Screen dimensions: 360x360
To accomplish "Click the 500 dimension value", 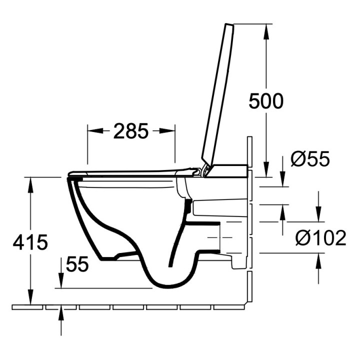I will [x=266, y=101].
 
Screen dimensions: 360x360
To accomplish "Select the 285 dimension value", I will [x=131, y=131].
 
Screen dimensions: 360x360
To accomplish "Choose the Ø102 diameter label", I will [x=320, y=238].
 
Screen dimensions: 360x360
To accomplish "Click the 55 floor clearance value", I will [x=76, y=264].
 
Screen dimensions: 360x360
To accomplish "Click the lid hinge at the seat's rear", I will [x=203, y=171].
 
